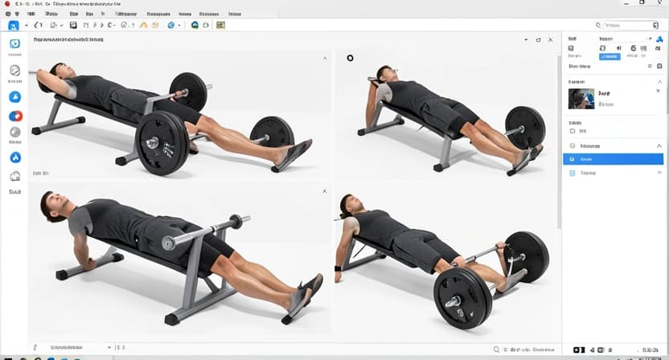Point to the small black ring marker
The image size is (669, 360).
(350, 58)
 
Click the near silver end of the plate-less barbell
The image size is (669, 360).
(170, 242)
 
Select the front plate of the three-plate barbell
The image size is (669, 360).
(162, 143)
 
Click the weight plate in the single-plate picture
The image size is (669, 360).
(524, 126)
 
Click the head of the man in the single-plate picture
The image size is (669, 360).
(387, 77)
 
